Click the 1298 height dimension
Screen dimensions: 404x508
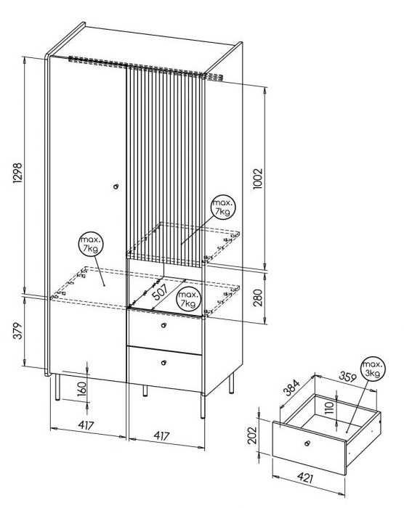17,173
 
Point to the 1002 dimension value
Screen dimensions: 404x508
257,179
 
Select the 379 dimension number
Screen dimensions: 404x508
18,331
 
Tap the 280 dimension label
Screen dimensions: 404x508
258,298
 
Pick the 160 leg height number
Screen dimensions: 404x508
82,388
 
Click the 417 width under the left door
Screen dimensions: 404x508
86,425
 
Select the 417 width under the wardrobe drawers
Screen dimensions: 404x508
161,435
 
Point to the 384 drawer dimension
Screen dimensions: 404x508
291,388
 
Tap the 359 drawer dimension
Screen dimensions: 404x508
348,377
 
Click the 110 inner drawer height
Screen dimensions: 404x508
329,408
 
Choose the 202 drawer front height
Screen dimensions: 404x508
252,435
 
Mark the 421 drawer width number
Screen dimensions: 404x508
305,478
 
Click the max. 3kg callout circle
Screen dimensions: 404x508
372,369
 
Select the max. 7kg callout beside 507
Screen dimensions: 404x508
188,299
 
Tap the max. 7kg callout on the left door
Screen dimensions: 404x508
91,244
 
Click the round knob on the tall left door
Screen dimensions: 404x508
116,187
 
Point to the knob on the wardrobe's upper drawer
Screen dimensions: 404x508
164,325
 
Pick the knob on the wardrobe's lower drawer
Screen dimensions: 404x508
163,363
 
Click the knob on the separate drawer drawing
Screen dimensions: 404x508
307,443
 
